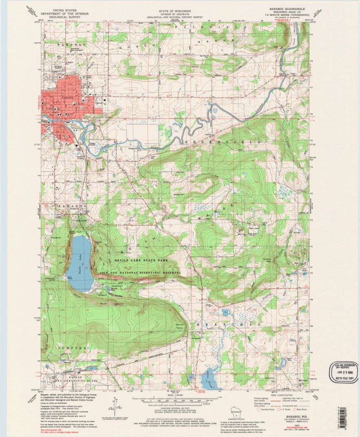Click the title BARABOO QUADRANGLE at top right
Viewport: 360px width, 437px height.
pyautogui.click(x=285, y=9)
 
